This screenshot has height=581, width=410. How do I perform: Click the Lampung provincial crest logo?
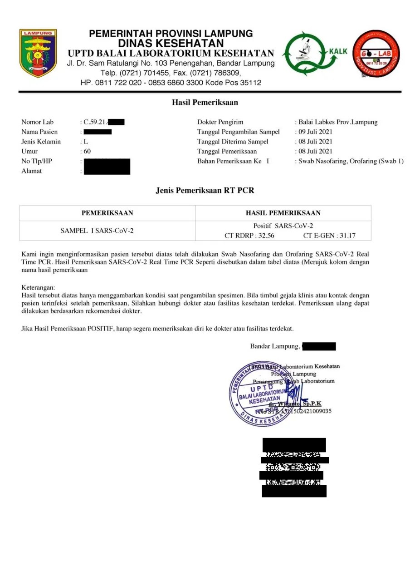pos(38,53)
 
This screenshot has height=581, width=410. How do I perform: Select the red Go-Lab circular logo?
pos(376,53)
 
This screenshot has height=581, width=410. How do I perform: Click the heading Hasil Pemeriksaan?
pos(205,103)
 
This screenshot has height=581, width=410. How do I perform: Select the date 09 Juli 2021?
pos(316,132)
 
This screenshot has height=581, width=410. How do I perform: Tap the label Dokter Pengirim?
pos(220,122)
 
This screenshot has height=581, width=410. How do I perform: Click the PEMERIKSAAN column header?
pos(107,213)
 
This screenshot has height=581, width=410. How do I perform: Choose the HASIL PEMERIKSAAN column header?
pos(283,213)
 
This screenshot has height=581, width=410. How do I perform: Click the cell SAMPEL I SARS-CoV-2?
pos(97,231)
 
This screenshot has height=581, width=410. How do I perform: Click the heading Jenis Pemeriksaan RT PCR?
pos(205,190)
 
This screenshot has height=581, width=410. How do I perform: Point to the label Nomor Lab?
pos(37,122)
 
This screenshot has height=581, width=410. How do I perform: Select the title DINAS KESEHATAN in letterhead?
pos(171,44)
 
